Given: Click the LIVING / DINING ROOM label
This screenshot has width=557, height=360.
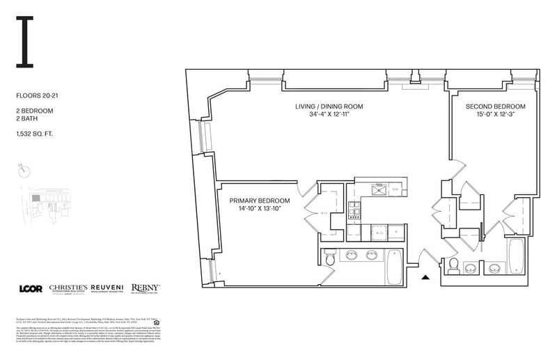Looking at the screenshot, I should click(329, 107).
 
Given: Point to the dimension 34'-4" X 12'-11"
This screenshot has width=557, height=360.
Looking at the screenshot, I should click(329, 116).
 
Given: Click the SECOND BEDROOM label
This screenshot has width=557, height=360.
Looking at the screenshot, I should click(495, 107).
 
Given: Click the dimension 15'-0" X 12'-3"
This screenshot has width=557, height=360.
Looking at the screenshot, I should click(495, 116).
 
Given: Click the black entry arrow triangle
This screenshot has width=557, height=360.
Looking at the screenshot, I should click(426, 278).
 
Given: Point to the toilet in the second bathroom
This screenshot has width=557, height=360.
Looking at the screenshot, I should click(453, 265).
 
